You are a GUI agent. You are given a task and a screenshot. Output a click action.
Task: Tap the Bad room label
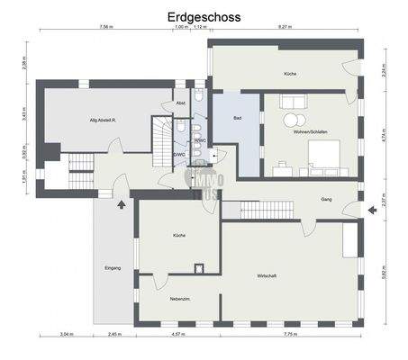click(237, 118)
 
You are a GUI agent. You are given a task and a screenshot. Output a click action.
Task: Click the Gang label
click(326, 199)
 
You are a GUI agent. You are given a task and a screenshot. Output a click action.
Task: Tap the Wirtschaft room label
click(267, 275)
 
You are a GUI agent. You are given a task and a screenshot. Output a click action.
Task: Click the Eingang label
click(112, 268)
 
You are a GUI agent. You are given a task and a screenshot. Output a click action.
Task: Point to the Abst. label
click(181, 103)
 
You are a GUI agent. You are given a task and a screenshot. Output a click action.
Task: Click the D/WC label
click(179, 154)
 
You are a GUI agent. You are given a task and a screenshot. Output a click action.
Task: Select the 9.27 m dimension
click(286, 27)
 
